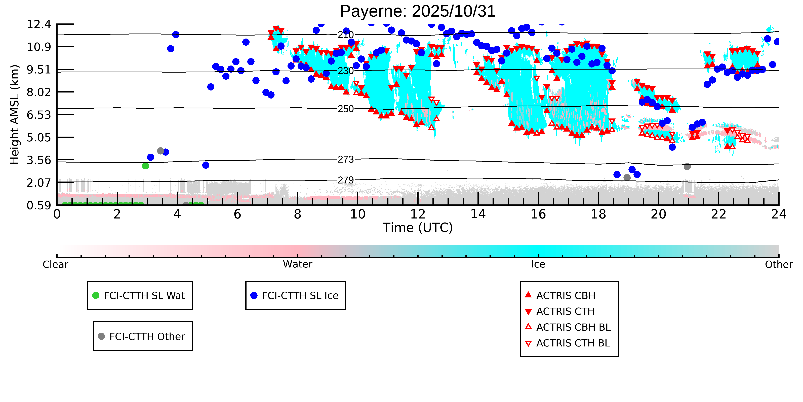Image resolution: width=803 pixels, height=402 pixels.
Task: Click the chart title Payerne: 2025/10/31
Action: point(417,12)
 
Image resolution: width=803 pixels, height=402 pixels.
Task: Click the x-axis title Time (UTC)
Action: point(417,228)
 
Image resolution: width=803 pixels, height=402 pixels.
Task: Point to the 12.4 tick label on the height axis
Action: point(39,24)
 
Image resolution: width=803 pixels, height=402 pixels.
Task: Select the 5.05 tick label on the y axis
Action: point(39,137)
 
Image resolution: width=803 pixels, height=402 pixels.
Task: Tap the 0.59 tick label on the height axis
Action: point(39,205)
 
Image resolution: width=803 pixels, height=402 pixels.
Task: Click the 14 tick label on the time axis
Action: point(478,214)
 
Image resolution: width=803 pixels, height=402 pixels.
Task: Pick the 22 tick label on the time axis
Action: point(718,214)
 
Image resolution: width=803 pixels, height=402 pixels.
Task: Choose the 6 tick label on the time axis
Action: point(237,214)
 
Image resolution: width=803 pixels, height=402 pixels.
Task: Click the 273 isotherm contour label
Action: point(346,160)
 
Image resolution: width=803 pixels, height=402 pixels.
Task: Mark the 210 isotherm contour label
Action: point(346,35)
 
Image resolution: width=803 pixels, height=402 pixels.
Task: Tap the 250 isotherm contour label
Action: point(346,109)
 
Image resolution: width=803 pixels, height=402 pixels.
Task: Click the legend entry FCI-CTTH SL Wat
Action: point(144,295)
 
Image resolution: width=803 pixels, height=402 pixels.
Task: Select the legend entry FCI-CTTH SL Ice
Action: point(300,295)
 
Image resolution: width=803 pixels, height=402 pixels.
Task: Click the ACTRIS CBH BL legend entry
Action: point(573,327)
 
